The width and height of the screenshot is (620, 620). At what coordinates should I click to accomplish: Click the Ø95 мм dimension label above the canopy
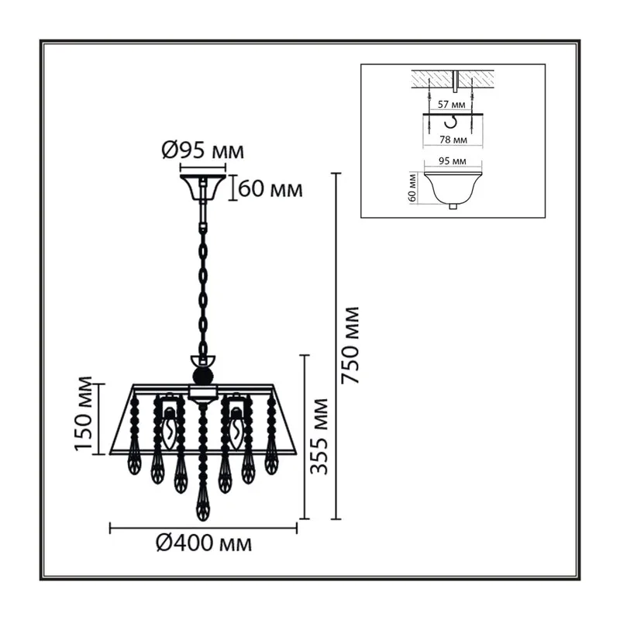203,150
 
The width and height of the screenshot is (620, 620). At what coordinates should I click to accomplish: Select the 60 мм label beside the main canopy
270,189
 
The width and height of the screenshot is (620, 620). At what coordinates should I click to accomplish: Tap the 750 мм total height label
351,345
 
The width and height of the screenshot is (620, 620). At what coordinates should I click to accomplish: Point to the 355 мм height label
319,436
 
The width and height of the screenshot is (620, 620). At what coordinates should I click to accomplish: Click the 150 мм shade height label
84,413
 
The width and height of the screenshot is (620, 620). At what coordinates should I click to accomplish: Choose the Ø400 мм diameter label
204,543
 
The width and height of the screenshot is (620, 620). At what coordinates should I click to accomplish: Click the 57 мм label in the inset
451,105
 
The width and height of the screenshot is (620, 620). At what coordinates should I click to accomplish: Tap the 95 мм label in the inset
453,161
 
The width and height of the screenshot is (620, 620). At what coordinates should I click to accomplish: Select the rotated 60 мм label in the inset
412,188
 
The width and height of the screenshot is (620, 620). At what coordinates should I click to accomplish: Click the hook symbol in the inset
450,122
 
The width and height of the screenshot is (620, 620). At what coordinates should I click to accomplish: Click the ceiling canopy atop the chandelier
203,188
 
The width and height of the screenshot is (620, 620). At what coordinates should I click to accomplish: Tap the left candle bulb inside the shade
169,430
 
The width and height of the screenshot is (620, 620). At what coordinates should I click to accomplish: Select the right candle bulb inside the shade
236,430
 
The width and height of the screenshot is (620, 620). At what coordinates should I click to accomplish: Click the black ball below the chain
203,375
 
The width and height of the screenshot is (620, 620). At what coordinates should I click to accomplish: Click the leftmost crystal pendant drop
134,460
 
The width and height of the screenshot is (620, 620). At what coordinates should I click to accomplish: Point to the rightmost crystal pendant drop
271,460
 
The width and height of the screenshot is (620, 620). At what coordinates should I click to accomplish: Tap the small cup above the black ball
203,360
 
